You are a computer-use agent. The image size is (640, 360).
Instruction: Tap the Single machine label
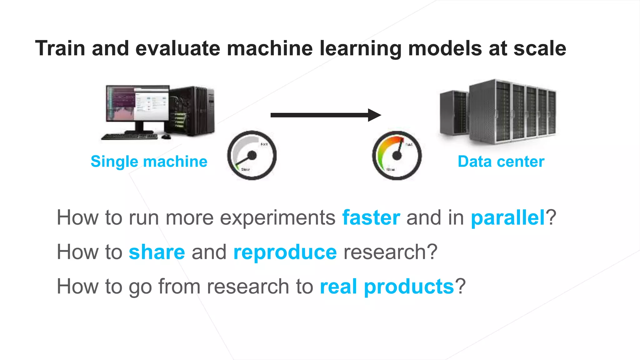pyautogui.click(x=149, y=162)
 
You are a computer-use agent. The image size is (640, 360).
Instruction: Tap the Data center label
pyautogui.click(x=501, y=162)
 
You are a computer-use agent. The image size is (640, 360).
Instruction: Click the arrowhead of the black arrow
pyautogui.click(x=374, y=115)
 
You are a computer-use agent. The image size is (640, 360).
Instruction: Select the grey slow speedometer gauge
pyautogui.click(x=252, y=155)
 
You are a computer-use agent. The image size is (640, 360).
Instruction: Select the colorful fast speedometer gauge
pyautogui.click(x=397, y=155)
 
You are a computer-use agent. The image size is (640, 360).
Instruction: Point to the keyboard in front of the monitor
pyautogui.click(x=130, y=137)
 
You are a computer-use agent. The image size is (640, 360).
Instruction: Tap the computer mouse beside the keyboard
pyautogui.click(x=166, y=137)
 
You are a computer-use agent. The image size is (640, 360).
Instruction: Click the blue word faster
pyautogui.click(x=371, y=217)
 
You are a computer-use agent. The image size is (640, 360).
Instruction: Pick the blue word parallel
pyautogui.click(x=508, y=217)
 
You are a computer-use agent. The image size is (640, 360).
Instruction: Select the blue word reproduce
pyautogui.click(x=285, y=252)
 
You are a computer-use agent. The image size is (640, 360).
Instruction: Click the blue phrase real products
pyautogui.click(x=387, y=287)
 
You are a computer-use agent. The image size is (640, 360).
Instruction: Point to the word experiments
pyautogui.click(x=277, y=218)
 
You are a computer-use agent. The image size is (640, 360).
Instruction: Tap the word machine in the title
pyautogui.click(x=269, y=48)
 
